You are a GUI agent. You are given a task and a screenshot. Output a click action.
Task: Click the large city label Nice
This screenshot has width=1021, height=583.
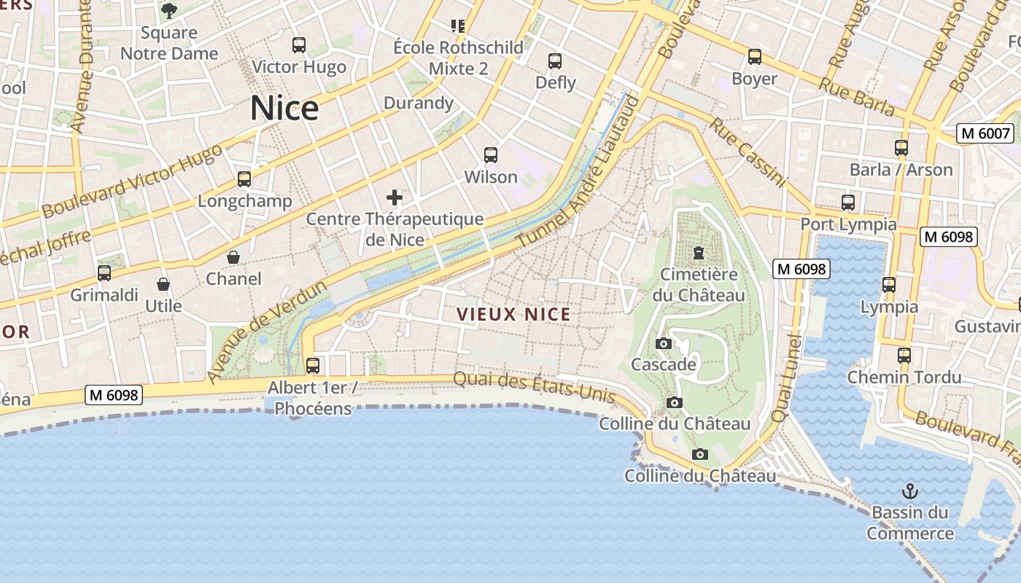(284, 109)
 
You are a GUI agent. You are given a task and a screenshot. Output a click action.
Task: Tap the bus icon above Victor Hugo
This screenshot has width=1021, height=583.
(299, 45)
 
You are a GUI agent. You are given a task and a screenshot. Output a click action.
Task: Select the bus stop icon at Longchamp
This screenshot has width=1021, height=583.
(244, 179)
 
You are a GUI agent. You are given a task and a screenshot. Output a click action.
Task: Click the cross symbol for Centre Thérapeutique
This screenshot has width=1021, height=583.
(395, 197)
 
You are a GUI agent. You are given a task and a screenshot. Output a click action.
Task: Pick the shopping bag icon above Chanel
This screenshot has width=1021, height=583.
(233, 257)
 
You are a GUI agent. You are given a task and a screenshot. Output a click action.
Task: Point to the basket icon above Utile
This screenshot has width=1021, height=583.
(163, 284)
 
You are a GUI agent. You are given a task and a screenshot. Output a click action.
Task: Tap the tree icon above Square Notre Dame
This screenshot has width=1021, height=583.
(169, 11)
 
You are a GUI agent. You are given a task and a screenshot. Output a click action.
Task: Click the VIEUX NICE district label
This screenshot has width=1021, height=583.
(513, 314)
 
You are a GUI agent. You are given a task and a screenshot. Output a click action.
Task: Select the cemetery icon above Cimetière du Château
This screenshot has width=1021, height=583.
(699, 254)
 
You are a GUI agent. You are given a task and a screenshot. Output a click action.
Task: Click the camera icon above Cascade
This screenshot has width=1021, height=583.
(664, 343)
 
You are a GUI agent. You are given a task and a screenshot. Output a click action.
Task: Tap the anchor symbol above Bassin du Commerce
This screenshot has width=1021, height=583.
(909, 490)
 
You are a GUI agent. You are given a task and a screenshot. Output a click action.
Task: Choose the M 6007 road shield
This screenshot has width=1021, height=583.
(986, 133)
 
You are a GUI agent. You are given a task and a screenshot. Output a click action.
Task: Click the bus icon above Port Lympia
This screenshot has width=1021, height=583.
(848, 203)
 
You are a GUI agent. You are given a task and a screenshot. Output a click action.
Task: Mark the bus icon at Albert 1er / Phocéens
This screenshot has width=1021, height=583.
(313, 365)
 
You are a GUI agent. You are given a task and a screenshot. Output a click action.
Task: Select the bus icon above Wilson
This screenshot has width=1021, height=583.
(491, 155)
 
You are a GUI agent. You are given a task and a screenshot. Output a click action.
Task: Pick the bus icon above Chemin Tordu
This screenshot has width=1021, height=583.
(904, 356)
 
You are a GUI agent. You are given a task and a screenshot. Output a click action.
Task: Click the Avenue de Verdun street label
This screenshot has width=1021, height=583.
(266, 332)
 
